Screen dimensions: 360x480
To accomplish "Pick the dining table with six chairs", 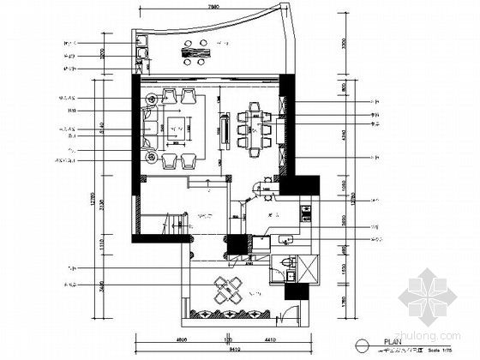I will pyautogui.click(x=255, y=129).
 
